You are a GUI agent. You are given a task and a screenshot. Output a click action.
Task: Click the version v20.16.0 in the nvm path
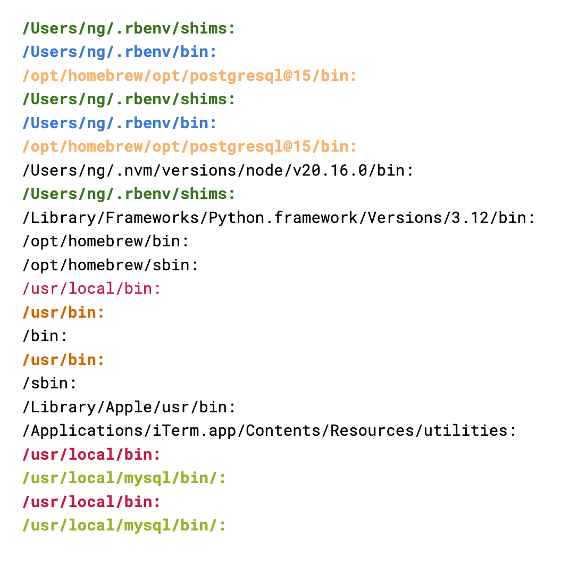(330, 171)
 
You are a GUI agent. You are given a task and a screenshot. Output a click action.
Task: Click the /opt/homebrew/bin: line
(106, 241)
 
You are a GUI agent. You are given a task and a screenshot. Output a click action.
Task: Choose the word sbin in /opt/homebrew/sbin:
(171, 264)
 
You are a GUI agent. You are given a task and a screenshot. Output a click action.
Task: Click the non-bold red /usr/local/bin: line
(91, 288)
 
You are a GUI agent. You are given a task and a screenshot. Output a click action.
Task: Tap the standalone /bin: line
(45, 336)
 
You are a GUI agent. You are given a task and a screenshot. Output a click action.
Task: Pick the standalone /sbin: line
(50, 383)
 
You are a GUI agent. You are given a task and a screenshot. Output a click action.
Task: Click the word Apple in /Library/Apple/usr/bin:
(129, 406)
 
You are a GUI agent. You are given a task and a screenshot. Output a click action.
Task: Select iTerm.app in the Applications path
(194, 430)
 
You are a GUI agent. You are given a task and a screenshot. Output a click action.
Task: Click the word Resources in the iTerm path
(372, 430)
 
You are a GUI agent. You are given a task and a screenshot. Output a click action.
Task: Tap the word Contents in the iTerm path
(283, 430)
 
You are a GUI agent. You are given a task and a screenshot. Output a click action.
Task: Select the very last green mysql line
(124, 525)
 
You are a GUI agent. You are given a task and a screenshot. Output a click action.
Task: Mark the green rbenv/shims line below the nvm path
(129, 194)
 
